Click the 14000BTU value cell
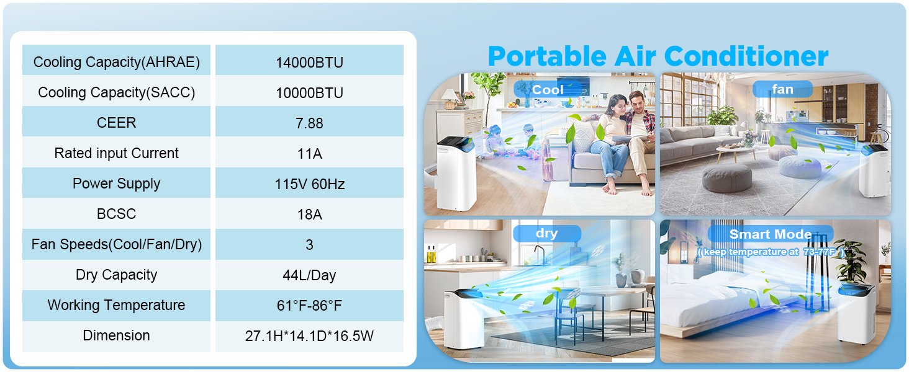pyautogui.click(x=309, y=63)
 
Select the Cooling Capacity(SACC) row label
pyautogui.click(x=117, y=93)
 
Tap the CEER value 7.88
pyautogui.click(x=309, y=123)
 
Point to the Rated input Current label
pyautogui.click(x=117, y=154)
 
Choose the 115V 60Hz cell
pyautogui.click(x=309, y=184)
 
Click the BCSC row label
pyautogui.click(x=117, y=215)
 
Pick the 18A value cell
pyautogui.click(x=309, y=215)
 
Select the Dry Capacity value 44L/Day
pyautogui.click(x=309, y=275)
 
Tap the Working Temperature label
pyautogui.click(x=117, y=306)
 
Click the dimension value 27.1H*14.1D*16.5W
pyautogui.click(x=309, y=336)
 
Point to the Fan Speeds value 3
pyautogui.click(x=309, y=245)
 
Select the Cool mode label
pyautogui.click(x=548, y=89)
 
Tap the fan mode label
pyautogui.click(x=782, y=89)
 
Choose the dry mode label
pyautogui.click(x=546, y=234)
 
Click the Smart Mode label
pyautogui.click(x=770, y=234)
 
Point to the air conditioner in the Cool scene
pyautogui.click(x=456, y=174)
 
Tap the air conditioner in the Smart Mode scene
pyautogui.click(x=857, y=313)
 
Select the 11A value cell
pyautogui.click(x=309, y=154)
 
